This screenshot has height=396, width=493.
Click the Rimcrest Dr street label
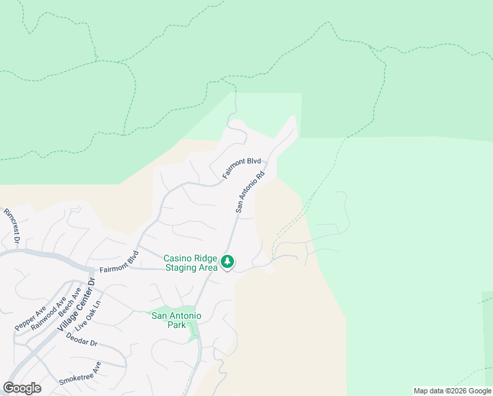click(x=13, y=226)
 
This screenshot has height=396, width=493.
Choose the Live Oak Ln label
click(x=89, y=316)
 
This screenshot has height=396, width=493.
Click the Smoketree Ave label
click(x=80, y=374)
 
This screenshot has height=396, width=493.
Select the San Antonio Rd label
click(x=250, y=191)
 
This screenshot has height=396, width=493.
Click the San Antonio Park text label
click(x=177, y=320)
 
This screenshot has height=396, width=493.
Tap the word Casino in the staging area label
click(x=179, y=258)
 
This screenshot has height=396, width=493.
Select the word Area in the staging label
click(x=208, y=267)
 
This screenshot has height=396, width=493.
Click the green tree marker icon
click(x=227, y=262)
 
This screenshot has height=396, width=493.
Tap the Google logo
click(x=22, y=388)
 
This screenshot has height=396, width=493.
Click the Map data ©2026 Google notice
click(x=452, y=391)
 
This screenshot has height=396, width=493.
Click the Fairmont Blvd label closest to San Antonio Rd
click(x=241, y=169)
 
